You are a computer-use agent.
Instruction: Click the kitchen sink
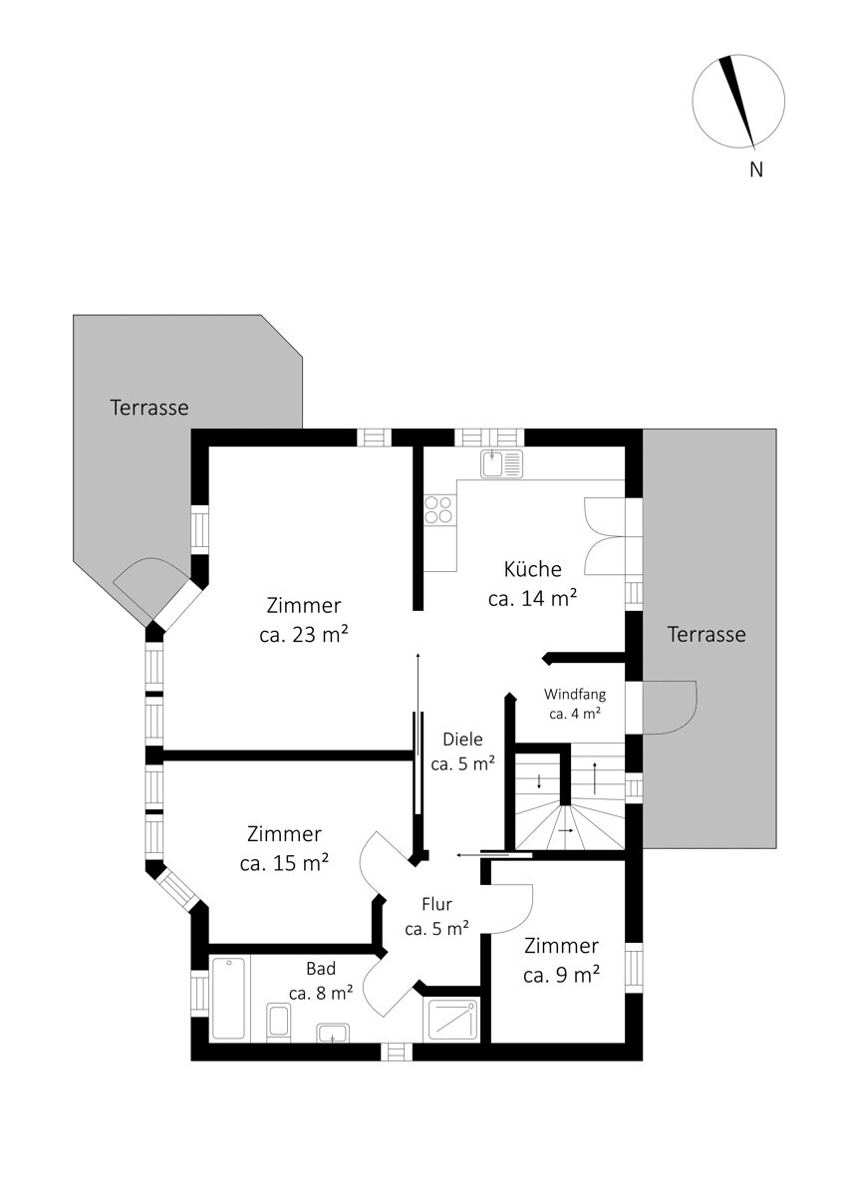pyautogui.click(x=501, y=462)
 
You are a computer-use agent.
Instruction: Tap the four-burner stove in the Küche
pyautogui.click(x=438, y=509)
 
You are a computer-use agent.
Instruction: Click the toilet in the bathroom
pyautogui.click(x=278, y=1021)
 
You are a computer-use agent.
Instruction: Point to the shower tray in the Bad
pyautogui.click(x=451, y=1020)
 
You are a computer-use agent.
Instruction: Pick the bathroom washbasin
pyautogui.click(x=333, y=1033)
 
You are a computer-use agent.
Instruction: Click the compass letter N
pyautogui.click(x=756, y=169)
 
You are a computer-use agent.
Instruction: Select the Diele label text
pyautogui.click(x=462, y=739)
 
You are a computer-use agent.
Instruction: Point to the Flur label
pyautogui.click(x=436, y=904)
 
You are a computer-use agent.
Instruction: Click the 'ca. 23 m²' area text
pyautogui.click(x=304, y=635)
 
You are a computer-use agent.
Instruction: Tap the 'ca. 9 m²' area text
pyautogui.click(x=562, y=975)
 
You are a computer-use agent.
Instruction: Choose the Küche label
pyautogui.click(x=533, y=569)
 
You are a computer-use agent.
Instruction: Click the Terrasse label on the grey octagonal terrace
pyautogui.click(x=149, y=408)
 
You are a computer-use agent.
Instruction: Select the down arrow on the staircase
pyautogui.click(x=539, y=782)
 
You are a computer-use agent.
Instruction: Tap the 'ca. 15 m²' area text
pyautogui.click(x=284, y=863)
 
